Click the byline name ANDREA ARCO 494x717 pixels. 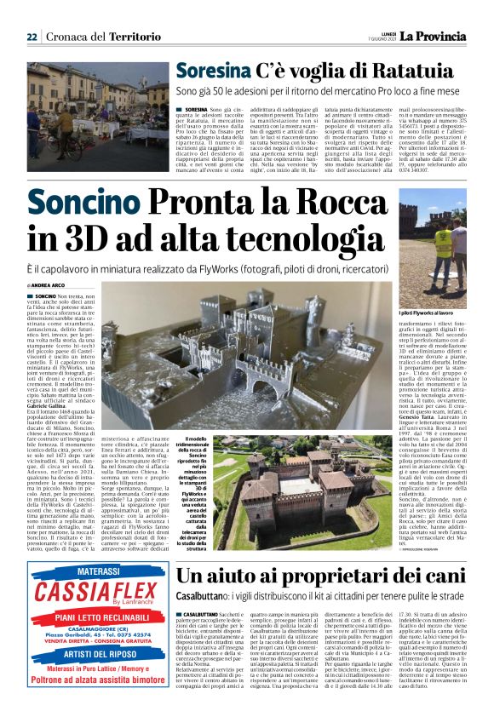(56, 284)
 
